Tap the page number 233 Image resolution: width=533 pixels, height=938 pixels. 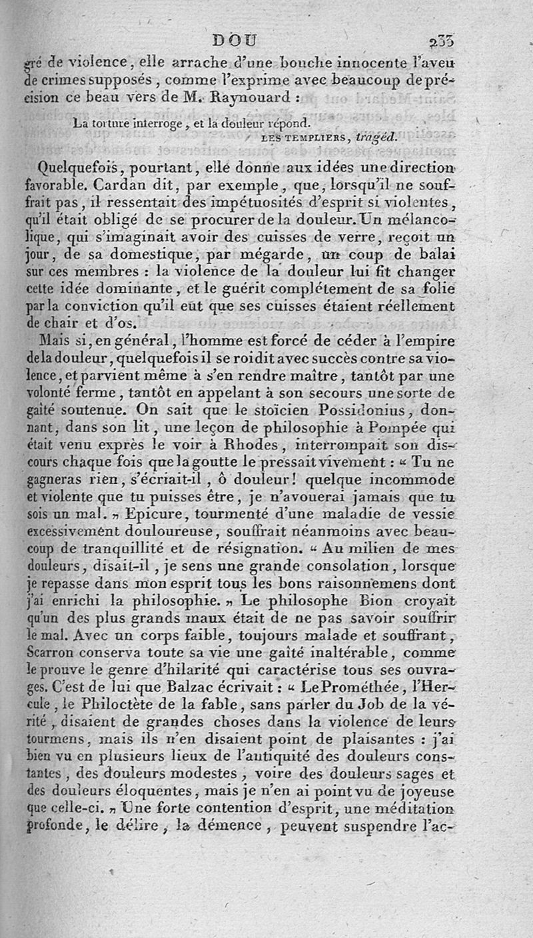(442, 41)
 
